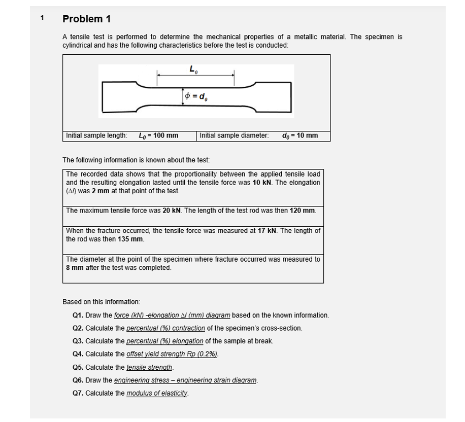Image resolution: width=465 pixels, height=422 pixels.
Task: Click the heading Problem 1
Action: coord(86,19)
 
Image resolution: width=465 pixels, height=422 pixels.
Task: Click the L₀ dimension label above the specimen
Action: coord(193,69)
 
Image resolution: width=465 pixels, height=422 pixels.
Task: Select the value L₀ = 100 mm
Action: coord(158,135)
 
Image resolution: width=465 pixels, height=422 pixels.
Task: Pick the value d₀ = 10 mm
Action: coord(300,135)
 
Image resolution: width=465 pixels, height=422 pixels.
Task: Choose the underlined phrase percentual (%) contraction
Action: coord(165,328)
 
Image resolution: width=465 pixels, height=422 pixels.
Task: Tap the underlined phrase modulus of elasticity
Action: coord(157,394)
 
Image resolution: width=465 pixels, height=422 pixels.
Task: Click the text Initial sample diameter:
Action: coord(234,135)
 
